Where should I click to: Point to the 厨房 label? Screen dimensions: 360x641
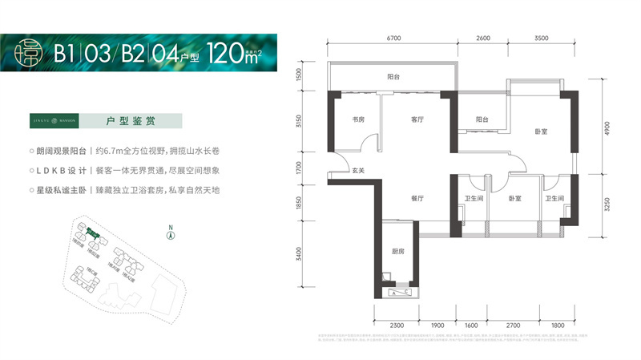397,251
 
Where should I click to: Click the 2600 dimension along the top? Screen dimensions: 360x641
483,38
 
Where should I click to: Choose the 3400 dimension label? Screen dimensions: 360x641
298,257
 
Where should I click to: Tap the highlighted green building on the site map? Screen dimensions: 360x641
93,235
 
